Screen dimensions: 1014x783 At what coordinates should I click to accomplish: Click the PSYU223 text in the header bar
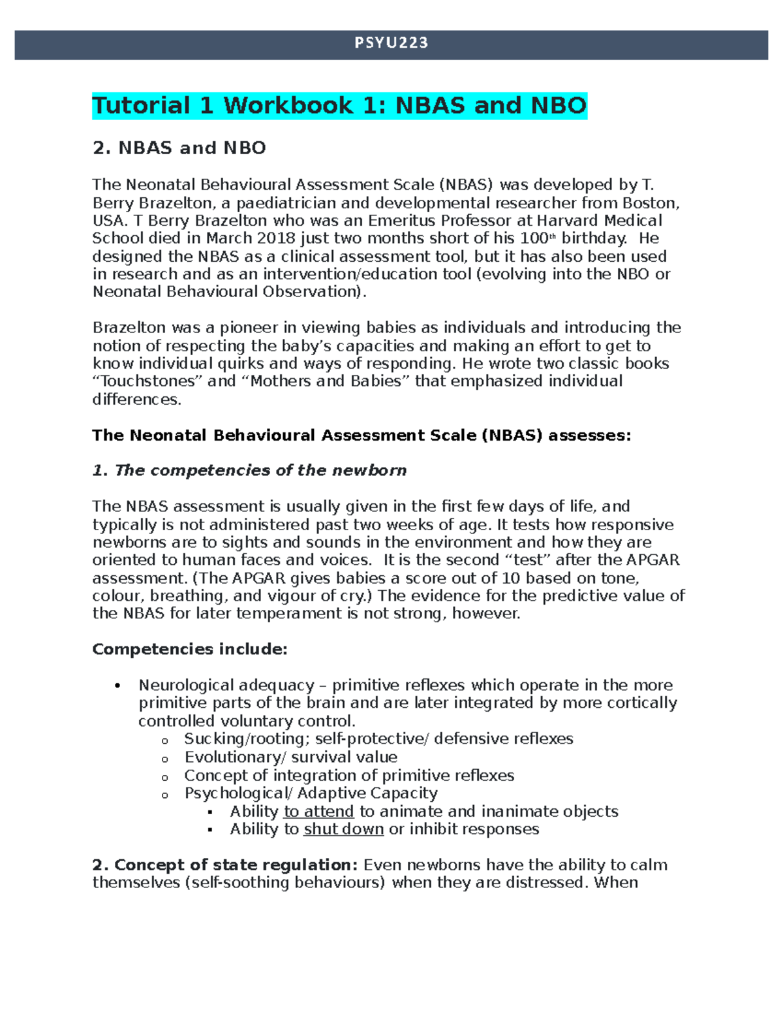click(391, 43)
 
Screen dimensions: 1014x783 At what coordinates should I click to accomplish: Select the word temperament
click(284, 614)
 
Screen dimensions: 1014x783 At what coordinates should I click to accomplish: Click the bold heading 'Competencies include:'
click(190, 650)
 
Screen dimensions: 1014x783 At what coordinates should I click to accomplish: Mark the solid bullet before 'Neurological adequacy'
click(117, 686)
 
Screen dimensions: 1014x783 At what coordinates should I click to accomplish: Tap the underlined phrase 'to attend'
click(318, 812)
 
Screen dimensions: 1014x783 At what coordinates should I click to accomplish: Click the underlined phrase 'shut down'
click(343, 829)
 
